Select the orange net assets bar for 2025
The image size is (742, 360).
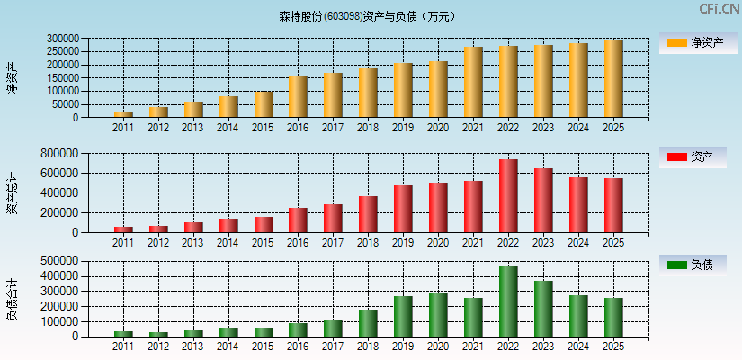[613, 79]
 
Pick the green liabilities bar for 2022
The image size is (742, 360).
[508, 301]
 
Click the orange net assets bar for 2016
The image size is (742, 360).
[298, 96]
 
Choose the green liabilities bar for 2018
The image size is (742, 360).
[368, 323]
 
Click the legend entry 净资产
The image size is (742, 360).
[698, 42]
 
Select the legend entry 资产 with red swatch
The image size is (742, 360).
[698, 157]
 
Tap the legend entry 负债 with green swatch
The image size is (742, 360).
[698, 265]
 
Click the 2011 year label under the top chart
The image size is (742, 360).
[123, 128]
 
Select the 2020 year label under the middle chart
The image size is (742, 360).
[438, 242]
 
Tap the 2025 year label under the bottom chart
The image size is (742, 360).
[613, 346]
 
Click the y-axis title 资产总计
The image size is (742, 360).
[13, 194]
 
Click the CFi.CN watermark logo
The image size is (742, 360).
[719, 9]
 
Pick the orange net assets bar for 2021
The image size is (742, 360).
[473, 82]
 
